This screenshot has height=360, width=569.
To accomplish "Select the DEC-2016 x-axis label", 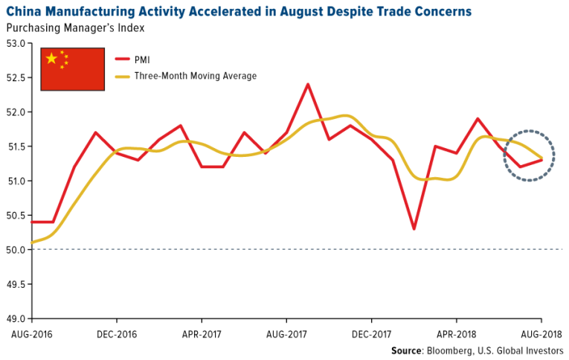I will pos(117,334).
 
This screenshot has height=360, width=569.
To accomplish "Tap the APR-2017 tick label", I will pos(202,334).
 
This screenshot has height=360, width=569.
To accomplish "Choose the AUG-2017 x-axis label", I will pos(286,334).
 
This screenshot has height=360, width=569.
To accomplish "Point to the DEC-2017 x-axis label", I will pos(372,334).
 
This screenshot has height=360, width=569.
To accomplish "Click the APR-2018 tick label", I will pos(457,334).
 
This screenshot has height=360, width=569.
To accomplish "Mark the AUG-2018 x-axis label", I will pos(541,334).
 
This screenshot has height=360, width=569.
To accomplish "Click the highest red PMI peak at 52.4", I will pos(308,84).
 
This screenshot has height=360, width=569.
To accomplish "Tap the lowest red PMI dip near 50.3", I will pos(414,228).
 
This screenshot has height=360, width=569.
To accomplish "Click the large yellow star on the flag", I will pos(51,59).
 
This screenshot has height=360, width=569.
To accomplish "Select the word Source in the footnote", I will pos(408,350).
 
